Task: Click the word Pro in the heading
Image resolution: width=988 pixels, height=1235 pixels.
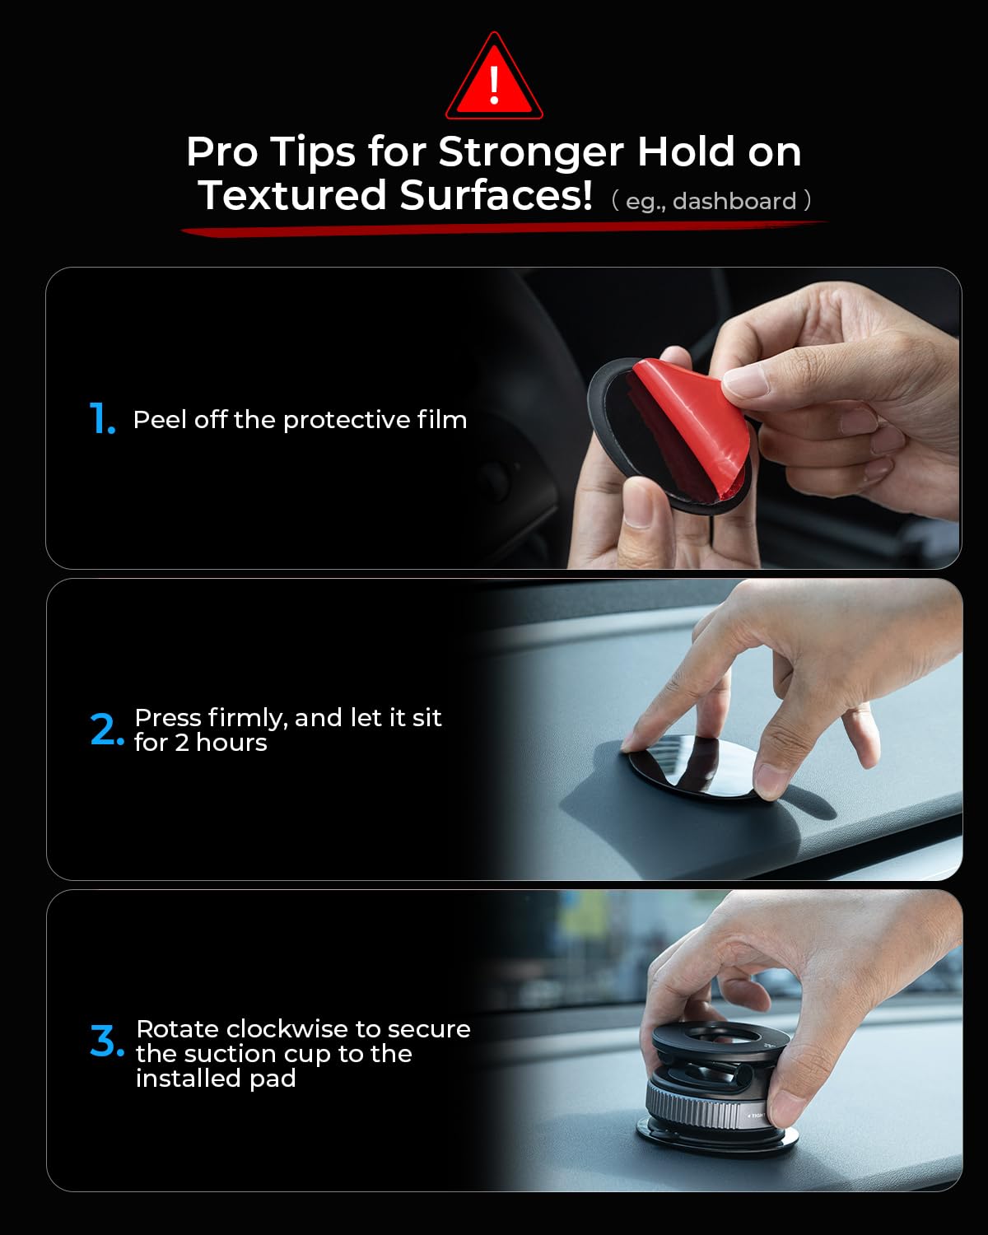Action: tap(221, 152)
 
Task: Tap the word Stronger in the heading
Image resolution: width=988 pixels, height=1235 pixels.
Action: tap(530, 152)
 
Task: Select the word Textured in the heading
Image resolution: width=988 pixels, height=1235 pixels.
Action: tap(292, 196)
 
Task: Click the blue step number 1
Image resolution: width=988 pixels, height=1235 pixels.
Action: tap(101, 419)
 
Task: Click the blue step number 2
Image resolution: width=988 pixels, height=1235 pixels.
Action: tap(106, 730)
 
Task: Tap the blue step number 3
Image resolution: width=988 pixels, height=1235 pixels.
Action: tap(106, 1042)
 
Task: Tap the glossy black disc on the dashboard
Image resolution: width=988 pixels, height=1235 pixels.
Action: tap(692, 766)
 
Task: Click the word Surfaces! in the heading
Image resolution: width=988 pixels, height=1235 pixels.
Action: tap(496, 196)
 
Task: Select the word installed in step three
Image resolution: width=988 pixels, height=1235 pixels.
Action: tap(189, 1079)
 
